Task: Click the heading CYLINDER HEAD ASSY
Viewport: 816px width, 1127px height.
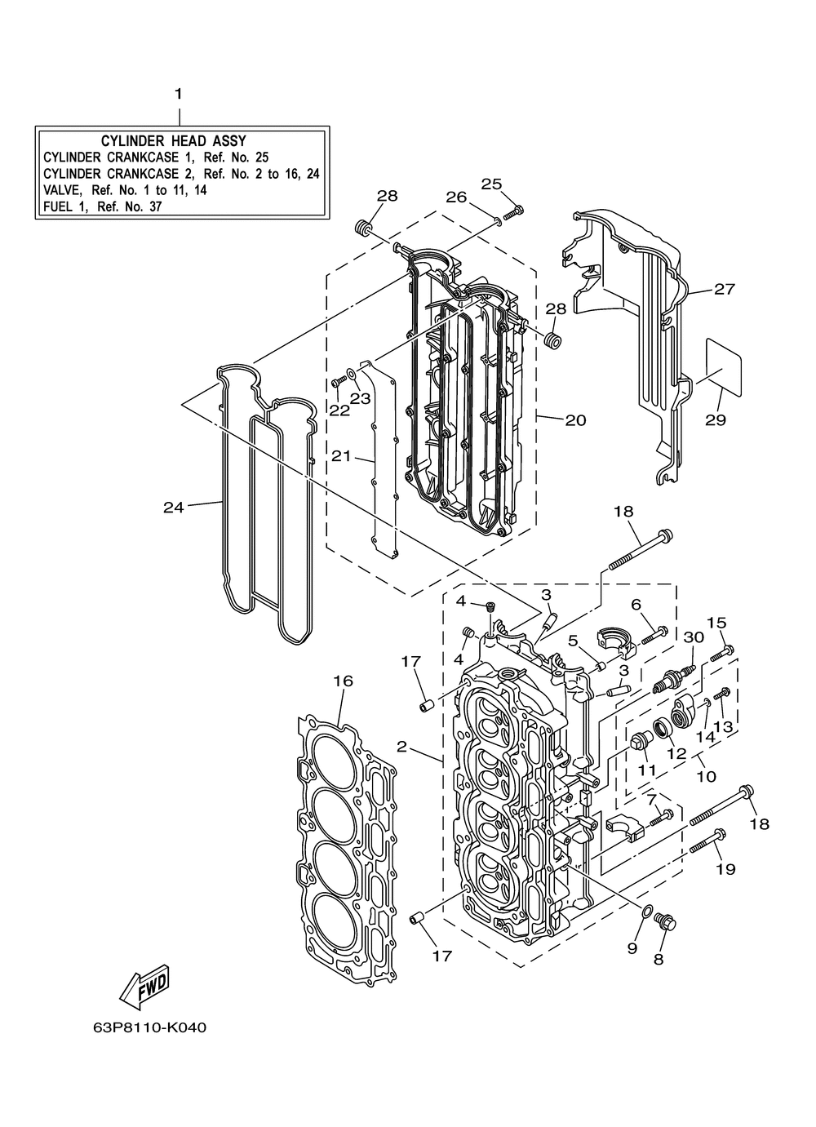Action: (174, 141)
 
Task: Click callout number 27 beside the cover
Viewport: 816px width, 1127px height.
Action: (725, 289)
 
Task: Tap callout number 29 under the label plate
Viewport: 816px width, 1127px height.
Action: (716, 419)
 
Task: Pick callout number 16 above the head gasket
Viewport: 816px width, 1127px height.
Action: (343, 681)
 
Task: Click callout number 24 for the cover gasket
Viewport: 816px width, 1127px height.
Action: (174, 508)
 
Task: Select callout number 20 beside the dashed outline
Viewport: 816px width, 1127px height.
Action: (576, 419)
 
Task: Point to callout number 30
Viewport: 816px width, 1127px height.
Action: (694, 637)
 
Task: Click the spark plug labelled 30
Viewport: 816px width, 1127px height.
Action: (672, 675)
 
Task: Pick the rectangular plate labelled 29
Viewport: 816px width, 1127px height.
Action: (725, 366)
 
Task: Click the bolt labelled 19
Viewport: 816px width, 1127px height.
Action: (707, 841)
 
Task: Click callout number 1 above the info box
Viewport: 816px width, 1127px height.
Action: (178, 94)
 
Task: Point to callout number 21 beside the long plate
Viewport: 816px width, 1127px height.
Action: (341, 456)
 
